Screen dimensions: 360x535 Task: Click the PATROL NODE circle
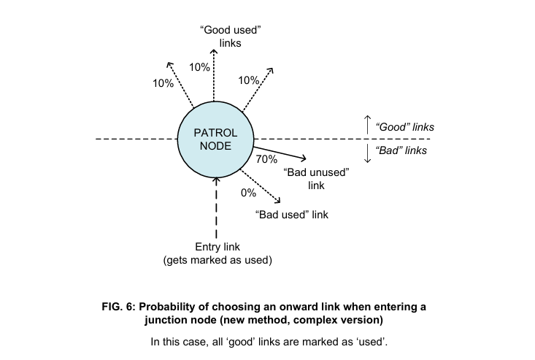(x=215, y=139)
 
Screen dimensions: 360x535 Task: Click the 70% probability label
(x=266, y=158)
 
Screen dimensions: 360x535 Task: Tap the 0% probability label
(x=248, y=193)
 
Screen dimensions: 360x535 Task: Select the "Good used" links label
(x=230, y=37)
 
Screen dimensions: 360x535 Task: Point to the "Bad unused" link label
(x=316, y=179)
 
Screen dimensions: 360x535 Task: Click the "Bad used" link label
(x=292, y=215)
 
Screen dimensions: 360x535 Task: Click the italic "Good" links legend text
(x=404, y=126)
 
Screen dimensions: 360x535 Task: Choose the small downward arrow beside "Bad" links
(x=367, y=153)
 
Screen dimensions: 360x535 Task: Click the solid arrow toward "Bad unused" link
(x=281, y=151)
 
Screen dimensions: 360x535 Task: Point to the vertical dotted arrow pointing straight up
(x=214, y=77)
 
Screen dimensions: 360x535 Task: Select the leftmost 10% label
(x=163, y=83)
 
